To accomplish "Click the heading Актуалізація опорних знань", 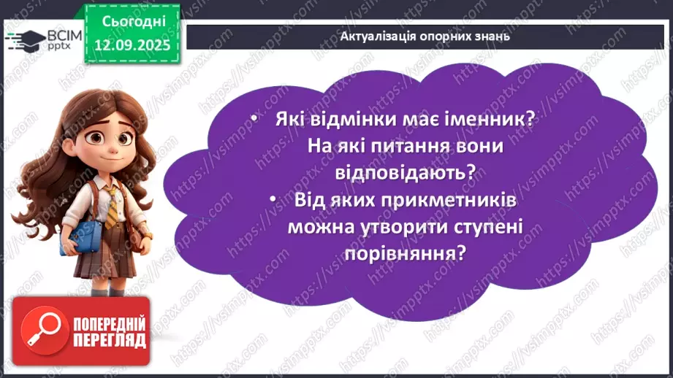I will pyautogui.click(x=425, y=36).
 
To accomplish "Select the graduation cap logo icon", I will pyautogui.click(x=20, y=41).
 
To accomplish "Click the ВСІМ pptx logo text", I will pyautogui.click(x=53, y=40).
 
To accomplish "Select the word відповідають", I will pyautogui.click(x=406, y=172).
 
